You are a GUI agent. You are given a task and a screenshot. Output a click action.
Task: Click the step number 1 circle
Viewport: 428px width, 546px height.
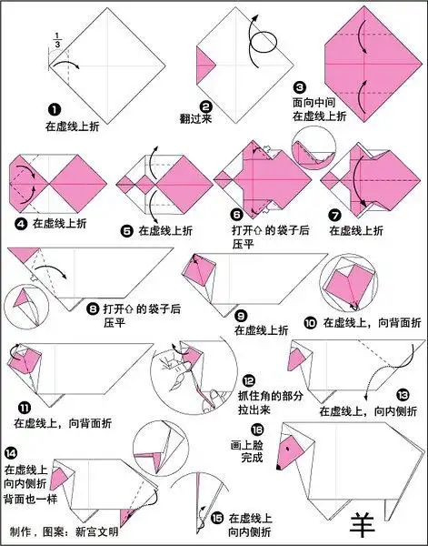pos(53,108)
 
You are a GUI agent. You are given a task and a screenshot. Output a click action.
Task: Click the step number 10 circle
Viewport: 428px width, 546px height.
pos(309,321)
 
